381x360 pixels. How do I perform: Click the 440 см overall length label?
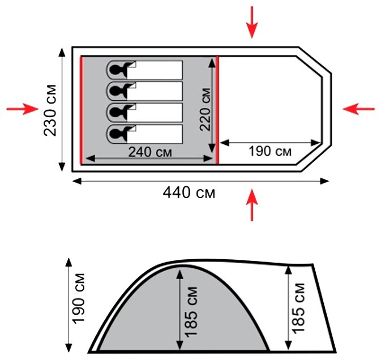pyautogui.click(x=189, y=193)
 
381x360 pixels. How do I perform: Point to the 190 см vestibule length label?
pyautogui.click(x=270, y=152)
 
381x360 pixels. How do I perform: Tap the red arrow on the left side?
pyautogui.click(x=22, y=109)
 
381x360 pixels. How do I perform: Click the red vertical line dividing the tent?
pyautogui.click(x=217, y=109)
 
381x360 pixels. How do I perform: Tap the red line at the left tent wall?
pyautogui.click(x=82, y=109)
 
